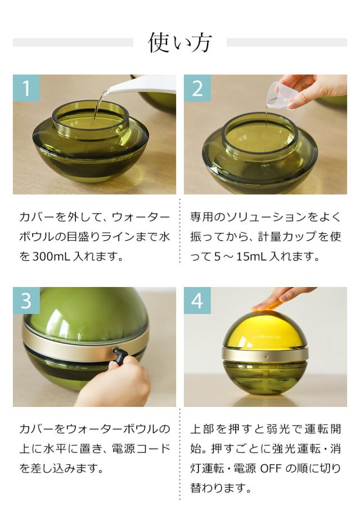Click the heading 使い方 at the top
(x=179, y=43)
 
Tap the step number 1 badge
(x=26, y=88)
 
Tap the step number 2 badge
(x=197, y=88)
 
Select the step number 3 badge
(x=26, y=301)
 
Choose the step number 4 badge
(x=197, y=301)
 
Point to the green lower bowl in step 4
(x=264, y=377)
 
